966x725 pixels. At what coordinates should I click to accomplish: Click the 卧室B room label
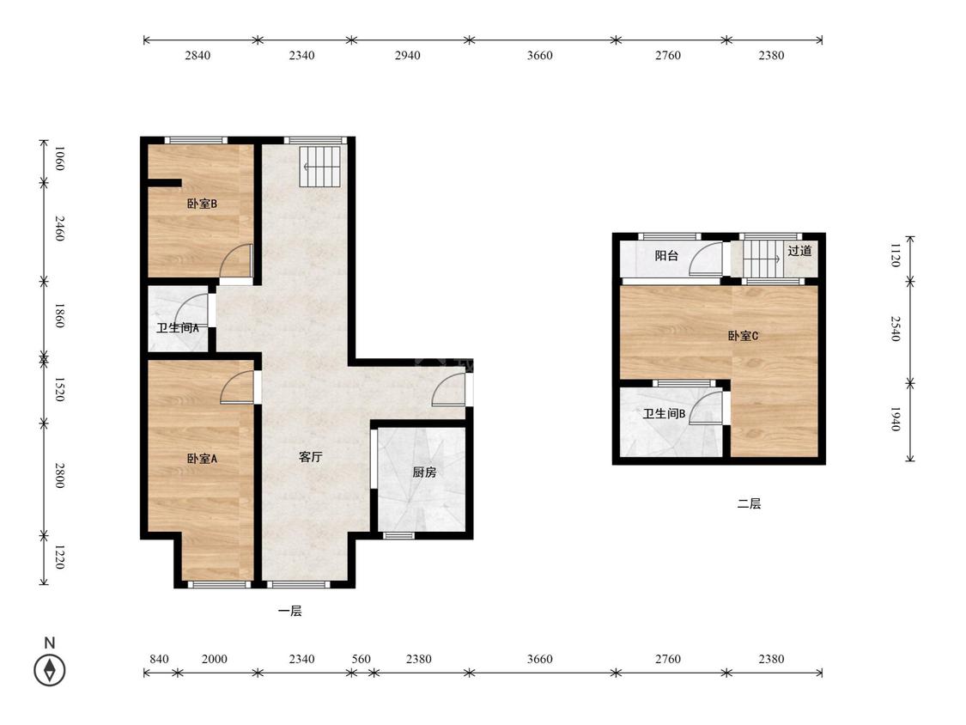point(202,204)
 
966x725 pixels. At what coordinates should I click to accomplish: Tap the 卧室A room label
point(202,459)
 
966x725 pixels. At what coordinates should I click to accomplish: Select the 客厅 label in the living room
point(311,457)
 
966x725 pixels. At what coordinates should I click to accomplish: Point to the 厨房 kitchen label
point(424,472)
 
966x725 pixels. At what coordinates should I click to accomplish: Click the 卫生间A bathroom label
point(178,328)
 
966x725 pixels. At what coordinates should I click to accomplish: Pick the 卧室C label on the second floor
point(743,336)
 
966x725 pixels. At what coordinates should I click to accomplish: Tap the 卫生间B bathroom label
point(664,414)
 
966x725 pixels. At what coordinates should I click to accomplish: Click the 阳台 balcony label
point(666,255)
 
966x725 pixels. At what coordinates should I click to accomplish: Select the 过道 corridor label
point(799,251)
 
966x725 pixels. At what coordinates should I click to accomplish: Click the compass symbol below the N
point(49,670)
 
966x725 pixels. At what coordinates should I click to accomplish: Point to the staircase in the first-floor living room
point(320,167)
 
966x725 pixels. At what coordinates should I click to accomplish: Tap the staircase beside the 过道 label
point(762,259)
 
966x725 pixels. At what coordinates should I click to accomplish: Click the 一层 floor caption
point(289,611)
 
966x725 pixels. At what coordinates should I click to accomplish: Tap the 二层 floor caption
point(749,503)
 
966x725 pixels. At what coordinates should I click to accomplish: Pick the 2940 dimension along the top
point(407,56)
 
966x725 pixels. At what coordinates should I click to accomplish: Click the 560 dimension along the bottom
point(361,659)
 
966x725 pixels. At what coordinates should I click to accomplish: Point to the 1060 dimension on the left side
point(59,158)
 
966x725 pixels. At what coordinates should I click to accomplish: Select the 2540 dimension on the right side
point(896,329)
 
